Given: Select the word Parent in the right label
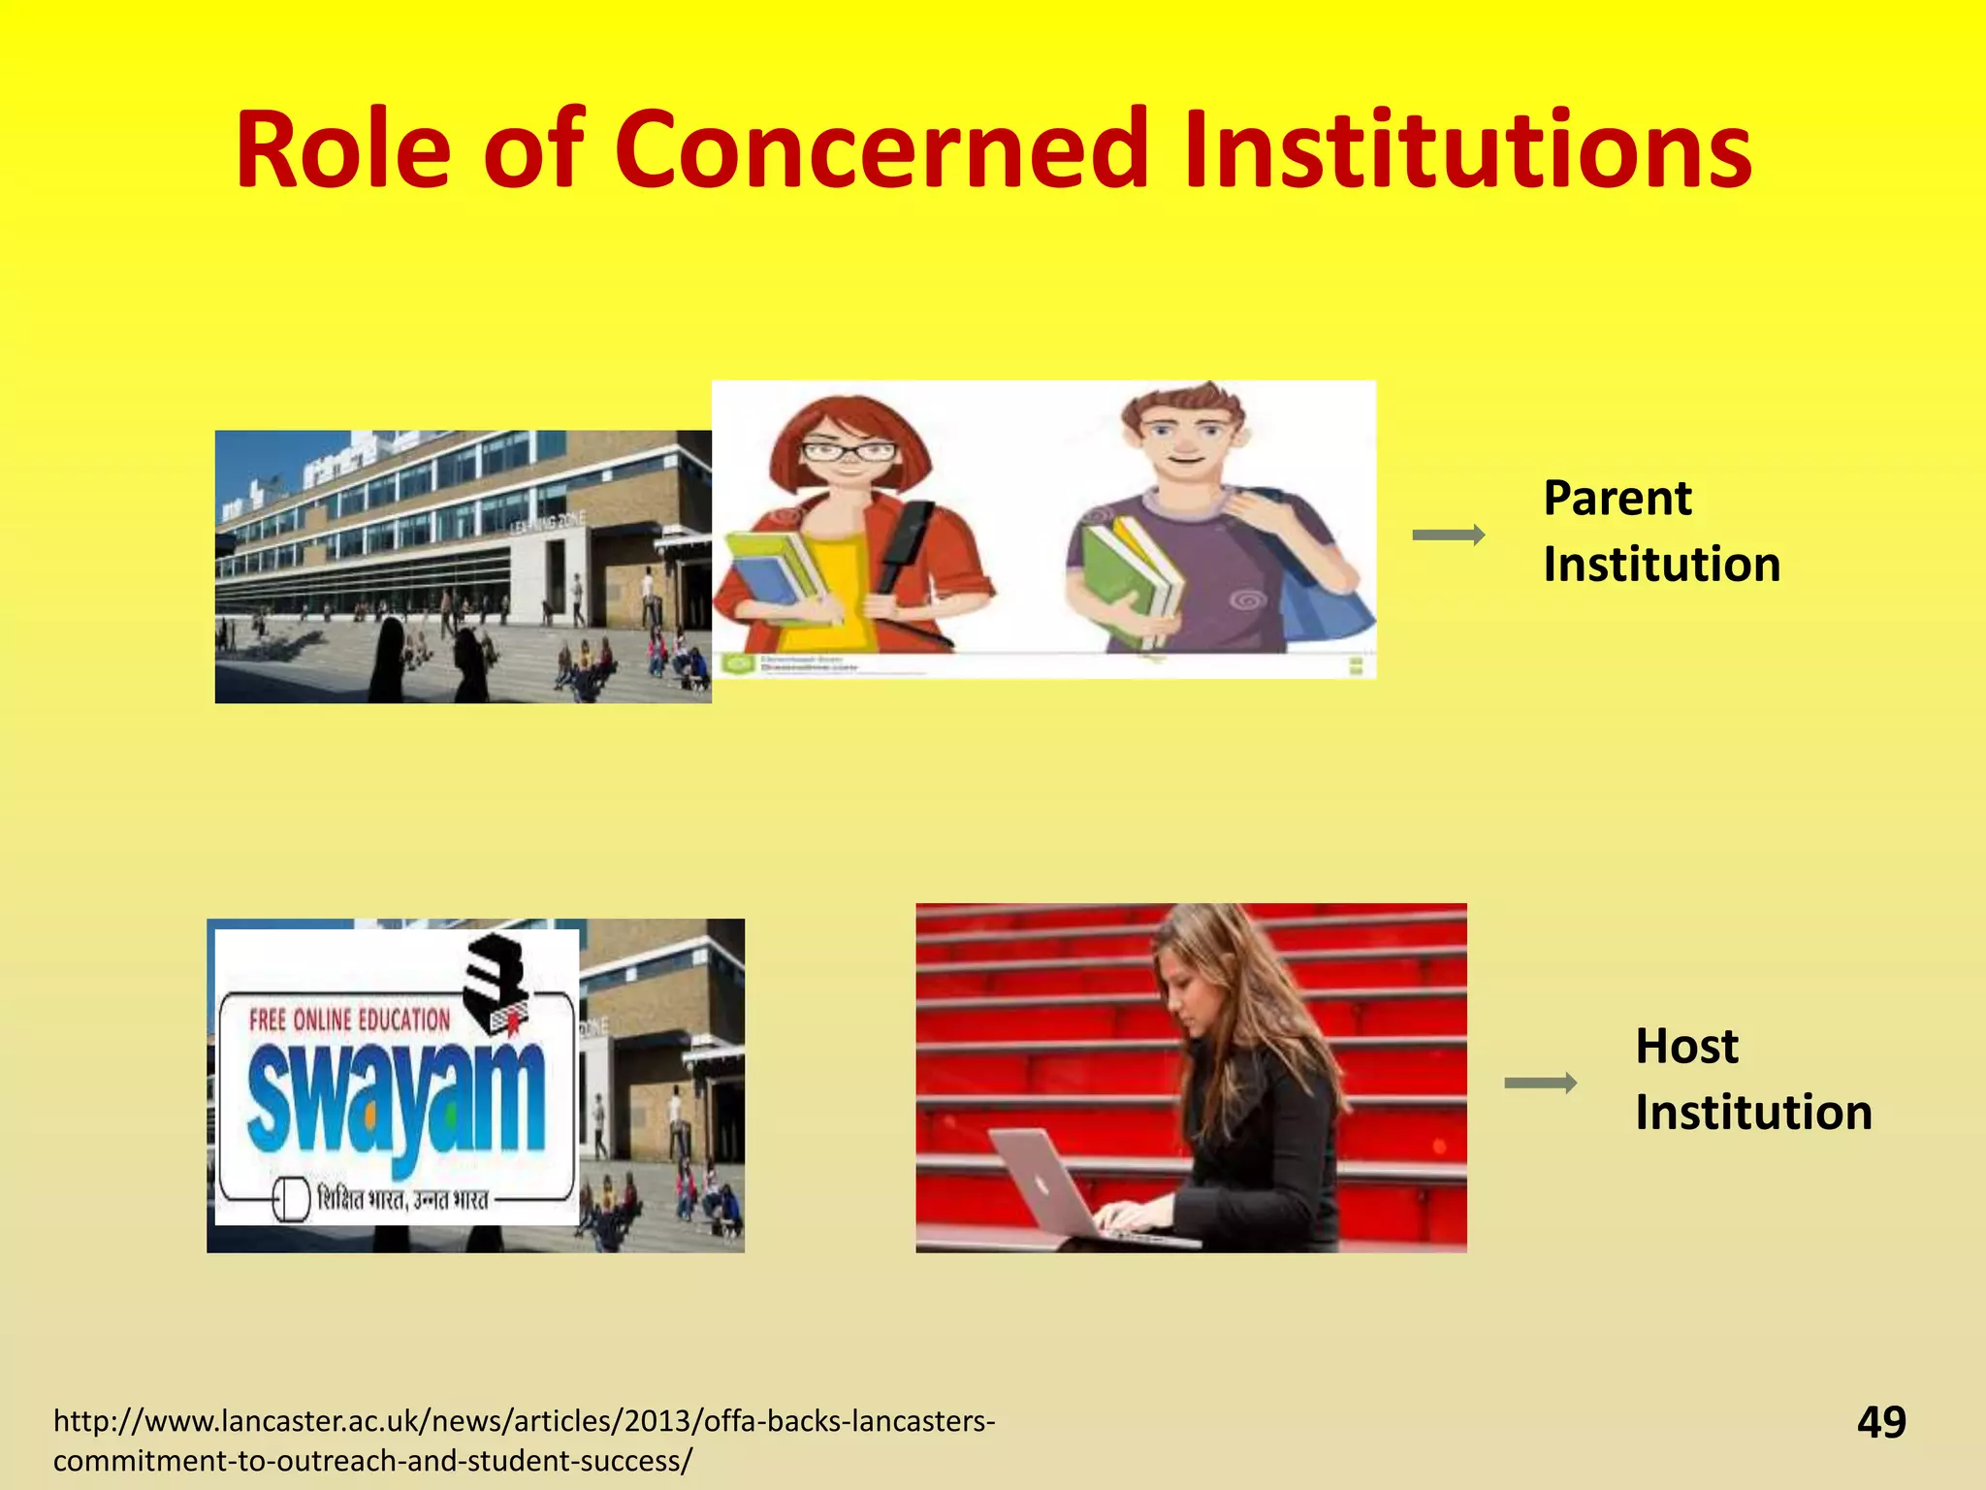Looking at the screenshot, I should [x=1617, y=500].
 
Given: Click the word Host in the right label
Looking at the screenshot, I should [x=1686, y=1047].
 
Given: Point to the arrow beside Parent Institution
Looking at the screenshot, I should [x=1448, y=534].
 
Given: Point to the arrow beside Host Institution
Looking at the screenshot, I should [x=1540, y=1083].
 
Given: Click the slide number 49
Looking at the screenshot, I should [x=1881, y=1422].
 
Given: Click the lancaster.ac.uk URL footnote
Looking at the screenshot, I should [x=524, y=1440].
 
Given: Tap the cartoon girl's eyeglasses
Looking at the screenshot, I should [x=849, y=451].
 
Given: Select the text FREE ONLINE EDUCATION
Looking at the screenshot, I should [x=349, y=1020].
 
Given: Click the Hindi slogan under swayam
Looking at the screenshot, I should [x=402, y=1200].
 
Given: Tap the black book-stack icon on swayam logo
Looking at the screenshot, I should [x=495, y=980].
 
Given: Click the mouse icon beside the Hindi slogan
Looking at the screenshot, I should [x=291, y=1200].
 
